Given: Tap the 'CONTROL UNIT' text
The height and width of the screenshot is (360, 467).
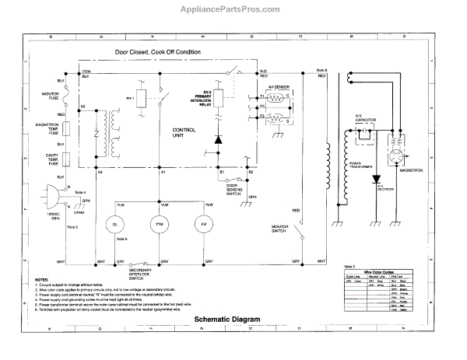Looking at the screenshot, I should tap(184, 133).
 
